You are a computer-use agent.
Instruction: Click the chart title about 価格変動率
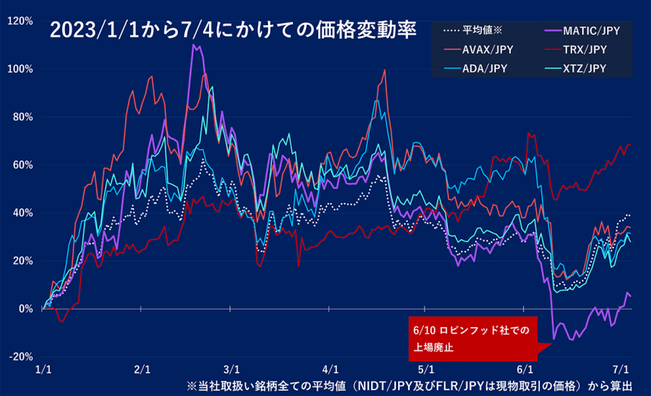[x=232, y=30]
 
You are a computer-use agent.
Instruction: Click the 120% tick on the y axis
[x=19, y=21]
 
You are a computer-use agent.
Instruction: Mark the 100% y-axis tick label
[x=19, y=69]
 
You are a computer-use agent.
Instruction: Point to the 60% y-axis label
[x=21, y=165]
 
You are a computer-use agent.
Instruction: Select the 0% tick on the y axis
[x=24, y=309]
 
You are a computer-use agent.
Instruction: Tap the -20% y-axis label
[x=20, y=357]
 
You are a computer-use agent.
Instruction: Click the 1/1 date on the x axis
[x=44, y=369]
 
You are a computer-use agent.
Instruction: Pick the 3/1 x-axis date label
[x=232, y=369]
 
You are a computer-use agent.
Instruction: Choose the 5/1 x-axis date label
[x=425, y=369]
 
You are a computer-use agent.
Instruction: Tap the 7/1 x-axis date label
[x=621, y=369]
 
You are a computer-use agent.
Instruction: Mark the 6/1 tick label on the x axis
[x=524, y=369]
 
